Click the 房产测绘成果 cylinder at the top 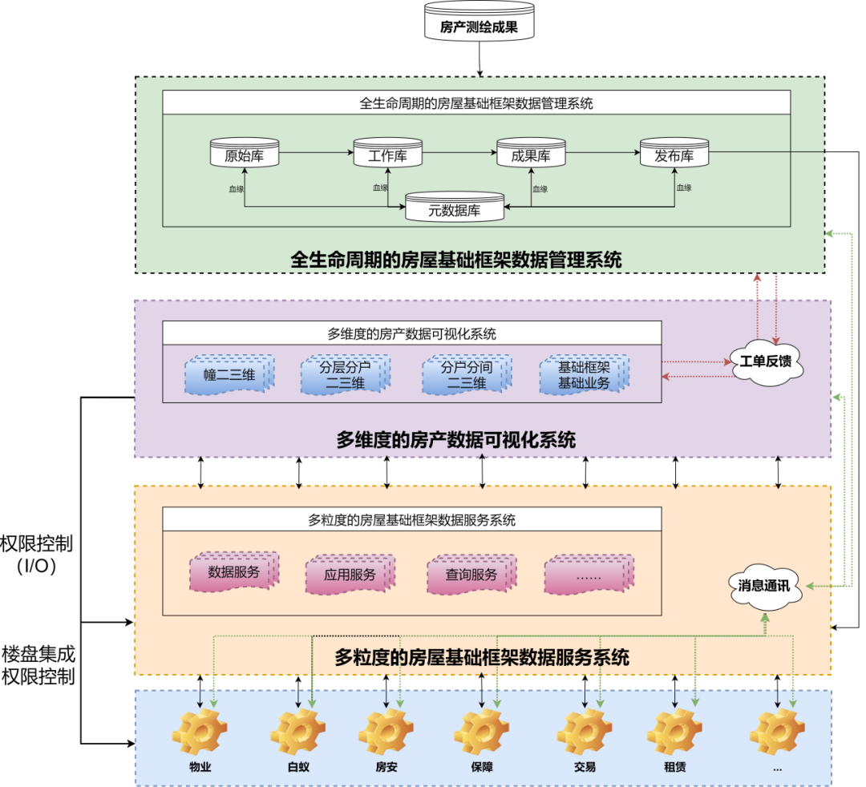(479, 22)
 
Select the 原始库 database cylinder (245, 152)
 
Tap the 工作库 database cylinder (388, 152)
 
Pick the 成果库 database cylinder (531, 152)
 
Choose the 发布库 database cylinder (674, 152)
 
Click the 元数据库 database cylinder (455, 207)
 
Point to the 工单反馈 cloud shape (766, 362)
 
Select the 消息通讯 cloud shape (764, 586)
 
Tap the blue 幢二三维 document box (229, 375)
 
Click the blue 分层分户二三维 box (345, 375)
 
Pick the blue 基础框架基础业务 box (584, 375)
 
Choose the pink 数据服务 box (234, 571)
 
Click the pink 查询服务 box (471, 574)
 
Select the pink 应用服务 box (350, 574)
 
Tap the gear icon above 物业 (200, 733)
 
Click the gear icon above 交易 (585, 733)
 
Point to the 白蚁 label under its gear (299, 767)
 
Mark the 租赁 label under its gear (675, 767)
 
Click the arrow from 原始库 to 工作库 (317, 152)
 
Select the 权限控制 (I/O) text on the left (36, 555)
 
